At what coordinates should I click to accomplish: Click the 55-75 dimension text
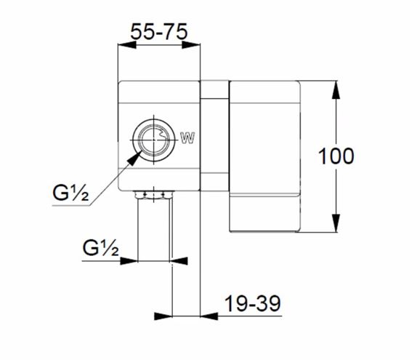[x=159, y=31]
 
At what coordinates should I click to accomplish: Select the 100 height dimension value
[x=336, y=156]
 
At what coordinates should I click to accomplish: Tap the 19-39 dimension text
[x=253, y=303]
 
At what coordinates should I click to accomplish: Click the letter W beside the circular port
[x=187, y=138]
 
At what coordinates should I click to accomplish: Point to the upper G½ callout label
[x=70, y=193]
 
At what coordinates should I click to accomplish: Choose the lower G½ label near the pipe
[x=100, y=247]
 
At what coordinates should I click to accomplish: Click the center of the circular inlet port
[x=153, y=140]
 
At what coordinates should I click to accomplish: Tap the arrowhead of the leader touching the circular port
[x=134, y=157]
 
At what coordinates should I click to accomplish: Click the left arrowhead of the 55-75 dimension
[x=126, y=45]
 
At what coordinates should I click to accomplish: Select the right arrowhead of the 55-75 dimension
[x=191, y=45]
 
